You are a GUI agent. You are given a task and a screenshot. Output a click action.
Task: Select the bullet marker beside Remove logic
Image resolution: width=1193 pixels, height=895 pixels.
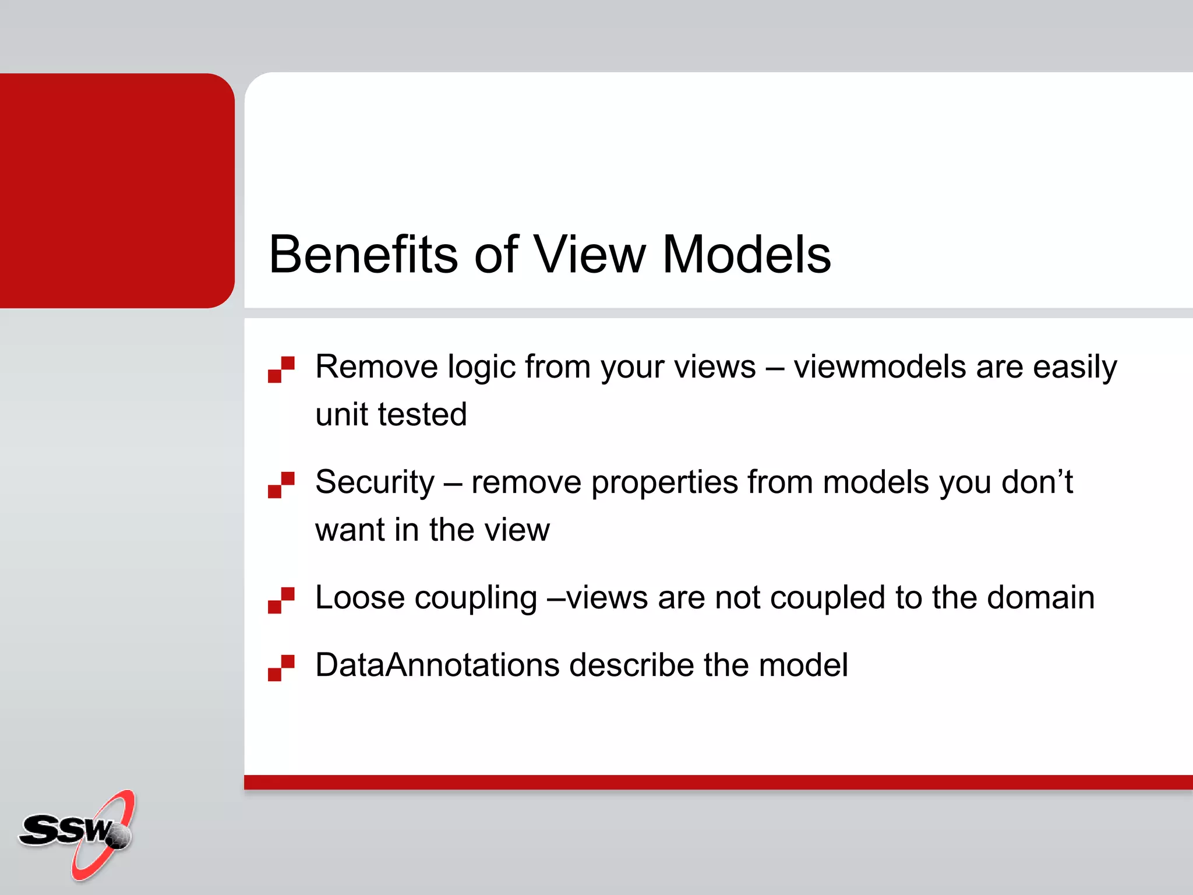[x=281, y=369]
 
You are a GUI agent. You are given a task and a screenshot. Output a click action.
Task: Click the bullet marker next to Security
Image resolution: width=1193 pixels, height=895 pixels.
[x=281, y=485]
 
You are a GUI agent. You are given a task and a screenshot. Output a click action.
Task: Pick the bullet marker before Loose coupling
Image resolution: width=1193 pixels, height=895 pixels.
[x=281, y=600]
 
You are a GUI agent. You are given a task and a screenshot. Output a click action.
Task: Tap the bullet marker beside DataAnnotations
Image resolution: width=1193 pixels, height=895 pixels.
[x=281, y=668]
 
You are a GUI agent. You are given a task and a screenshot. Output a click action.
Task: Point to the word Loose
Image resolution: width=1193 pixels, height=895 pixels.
[x=359, y=598]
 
